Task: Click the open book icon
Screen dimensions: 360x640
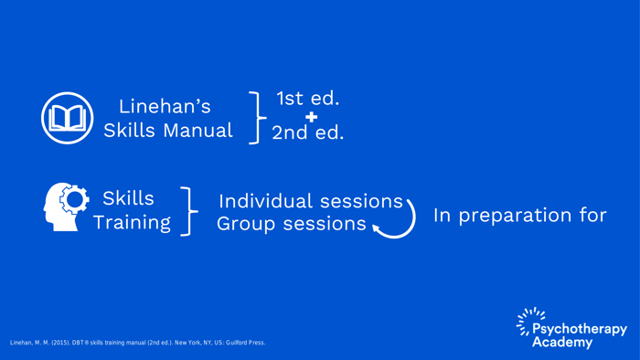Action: (x=67, y=119)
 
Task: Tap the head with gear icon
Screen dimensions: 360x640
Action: (x=67, y=206)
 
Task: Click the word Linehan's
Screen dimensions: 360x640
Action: (x=165, y=107)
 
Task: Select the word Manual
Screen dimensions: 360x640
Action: (x=198, y=131)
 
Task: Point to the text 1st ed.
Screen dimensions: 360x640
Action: (x=307, y=98)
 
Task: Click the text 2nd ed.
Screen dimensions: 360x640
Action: (x=307, y=132)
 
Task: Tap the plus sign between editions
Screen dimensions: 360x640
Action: (x=312, y=116)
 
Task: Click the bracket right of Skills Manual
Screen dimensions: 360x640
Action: (x=259, y=117)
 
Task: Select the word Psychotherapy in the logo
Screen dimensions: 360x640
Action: (x=580, y=329)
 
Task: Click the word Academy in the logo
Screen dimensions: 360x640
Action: (x=561, y=343)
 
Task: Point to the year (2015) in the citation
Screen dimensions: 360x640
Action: (x=60, y=343)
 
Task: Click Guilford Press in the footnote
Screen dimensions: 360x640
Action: (x=244, y=343)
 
